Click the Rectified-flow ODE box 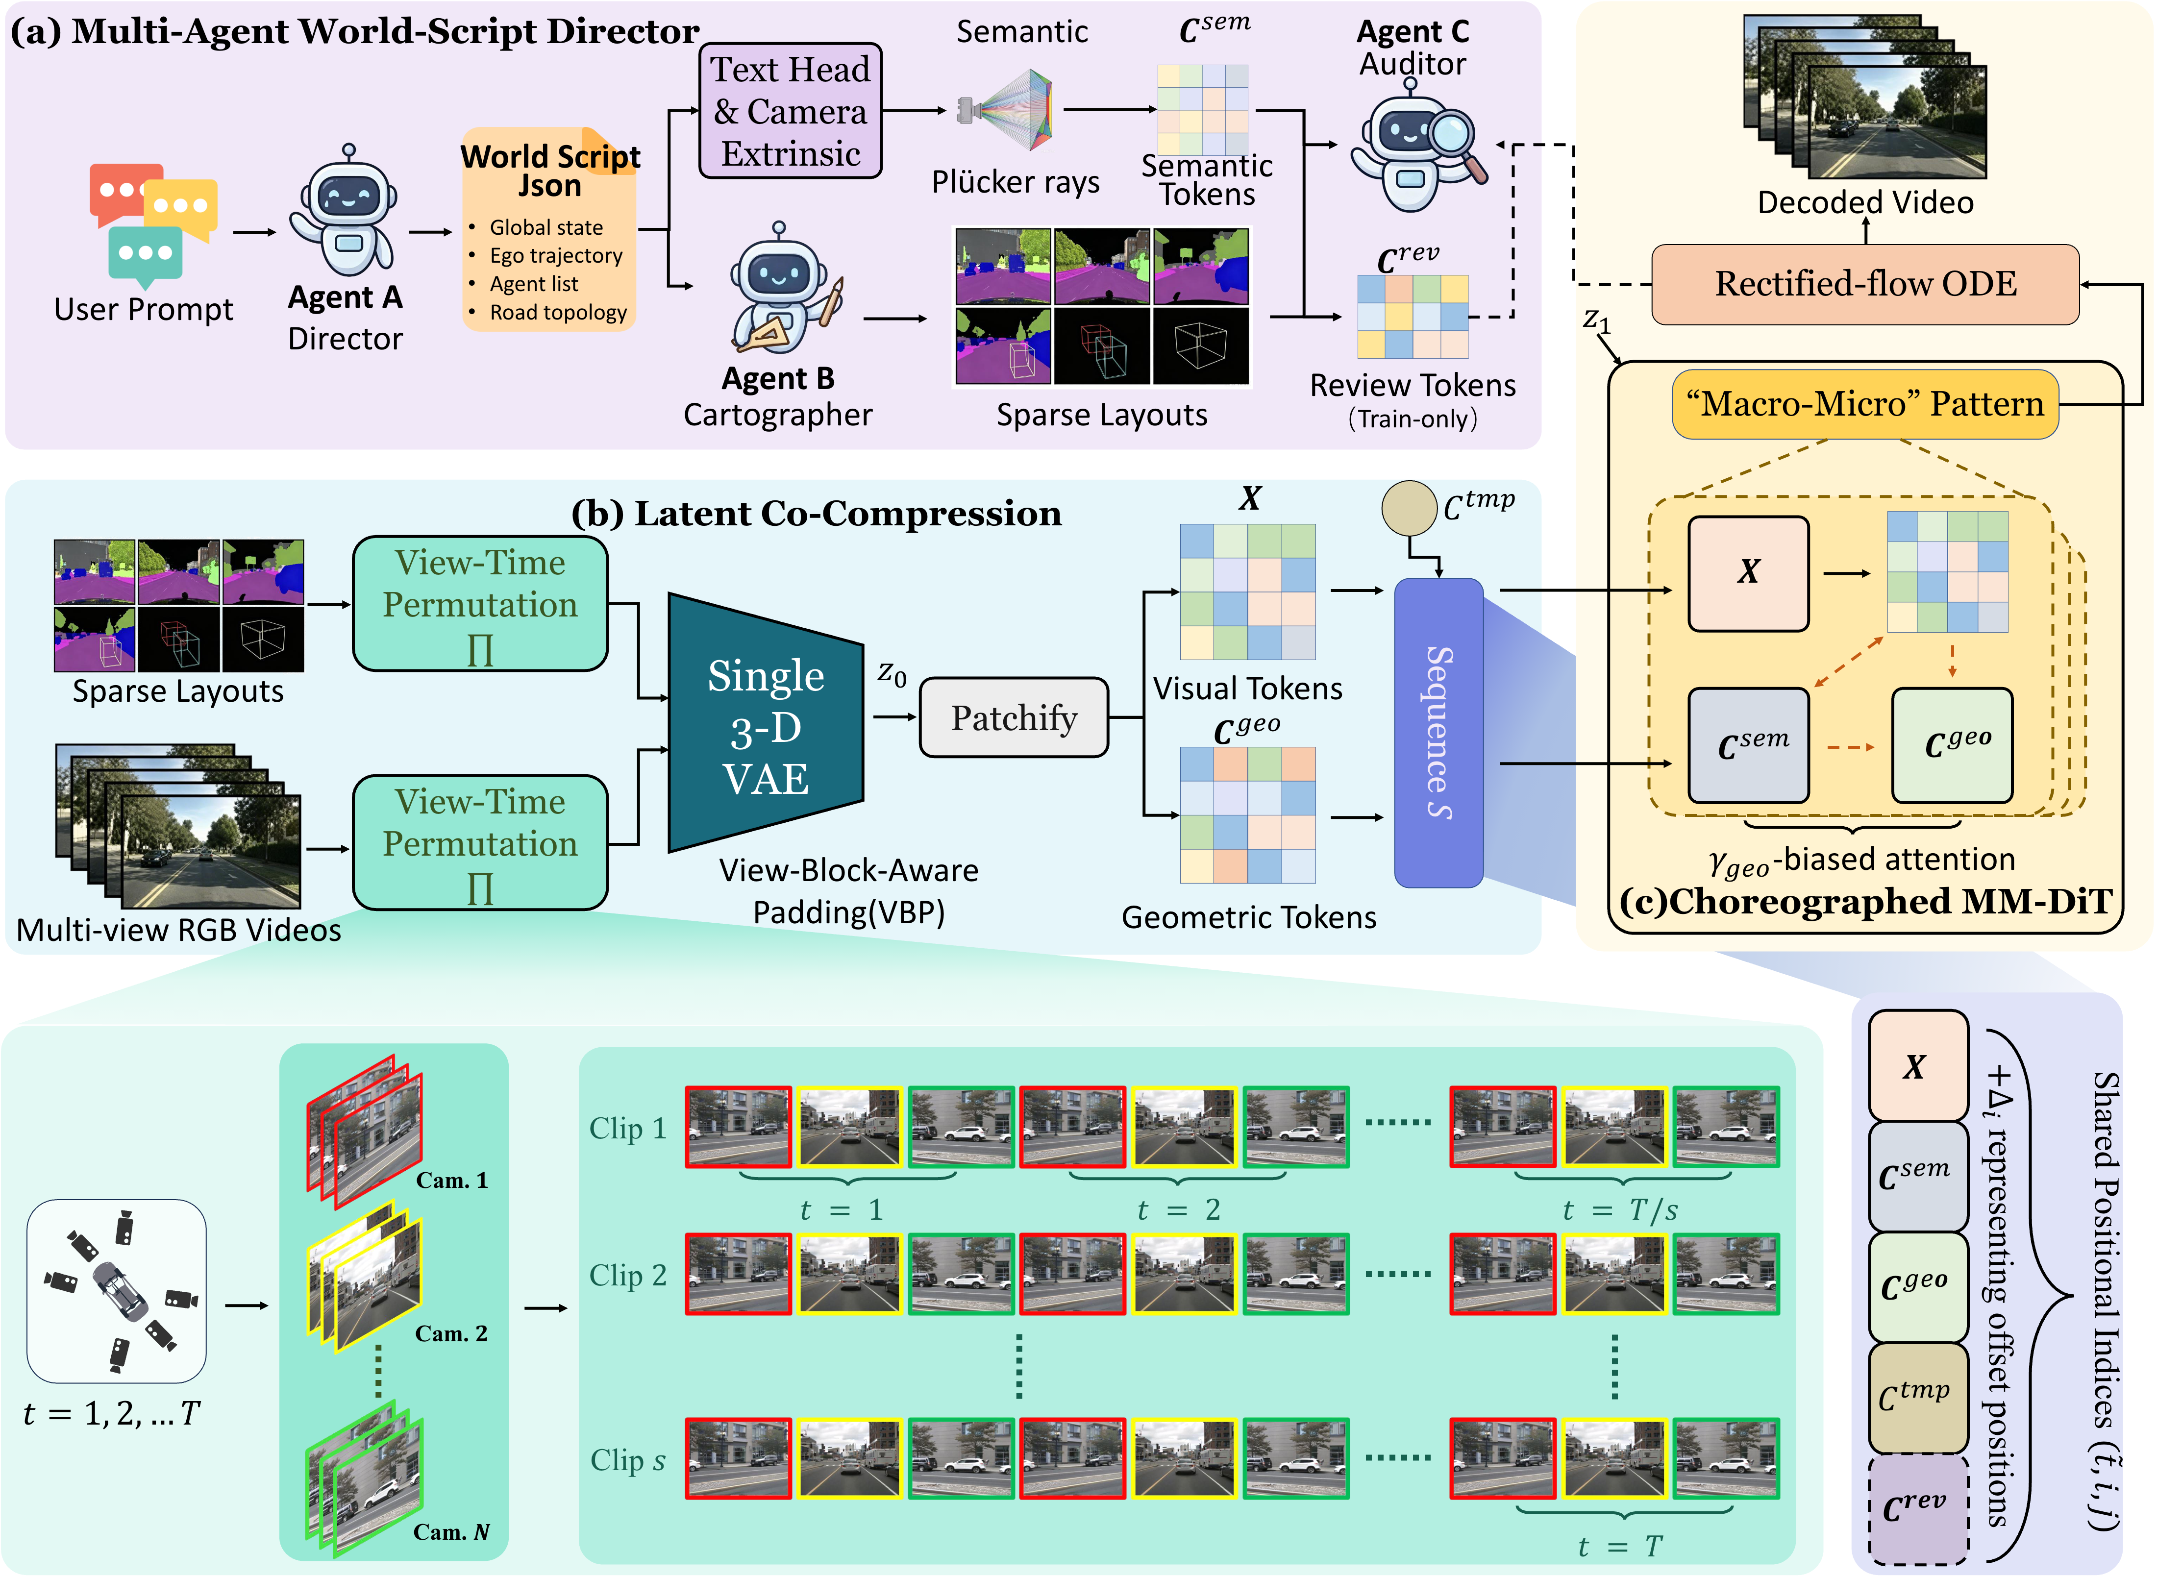coord(1865,284)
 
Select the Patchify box coord(1013,717)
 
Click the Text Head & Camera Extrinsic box coord(790,111)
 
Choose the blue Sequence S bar coord(1438,733)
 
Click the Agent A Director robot coord(346,212)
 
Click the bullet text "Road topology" coord(558,313)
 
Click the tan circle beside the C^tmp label coord(1409,508)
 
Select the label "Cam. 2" coord(451,1334)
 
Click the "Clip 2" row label coord(628,1276)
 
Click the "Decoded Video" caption coord(1865,202)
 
